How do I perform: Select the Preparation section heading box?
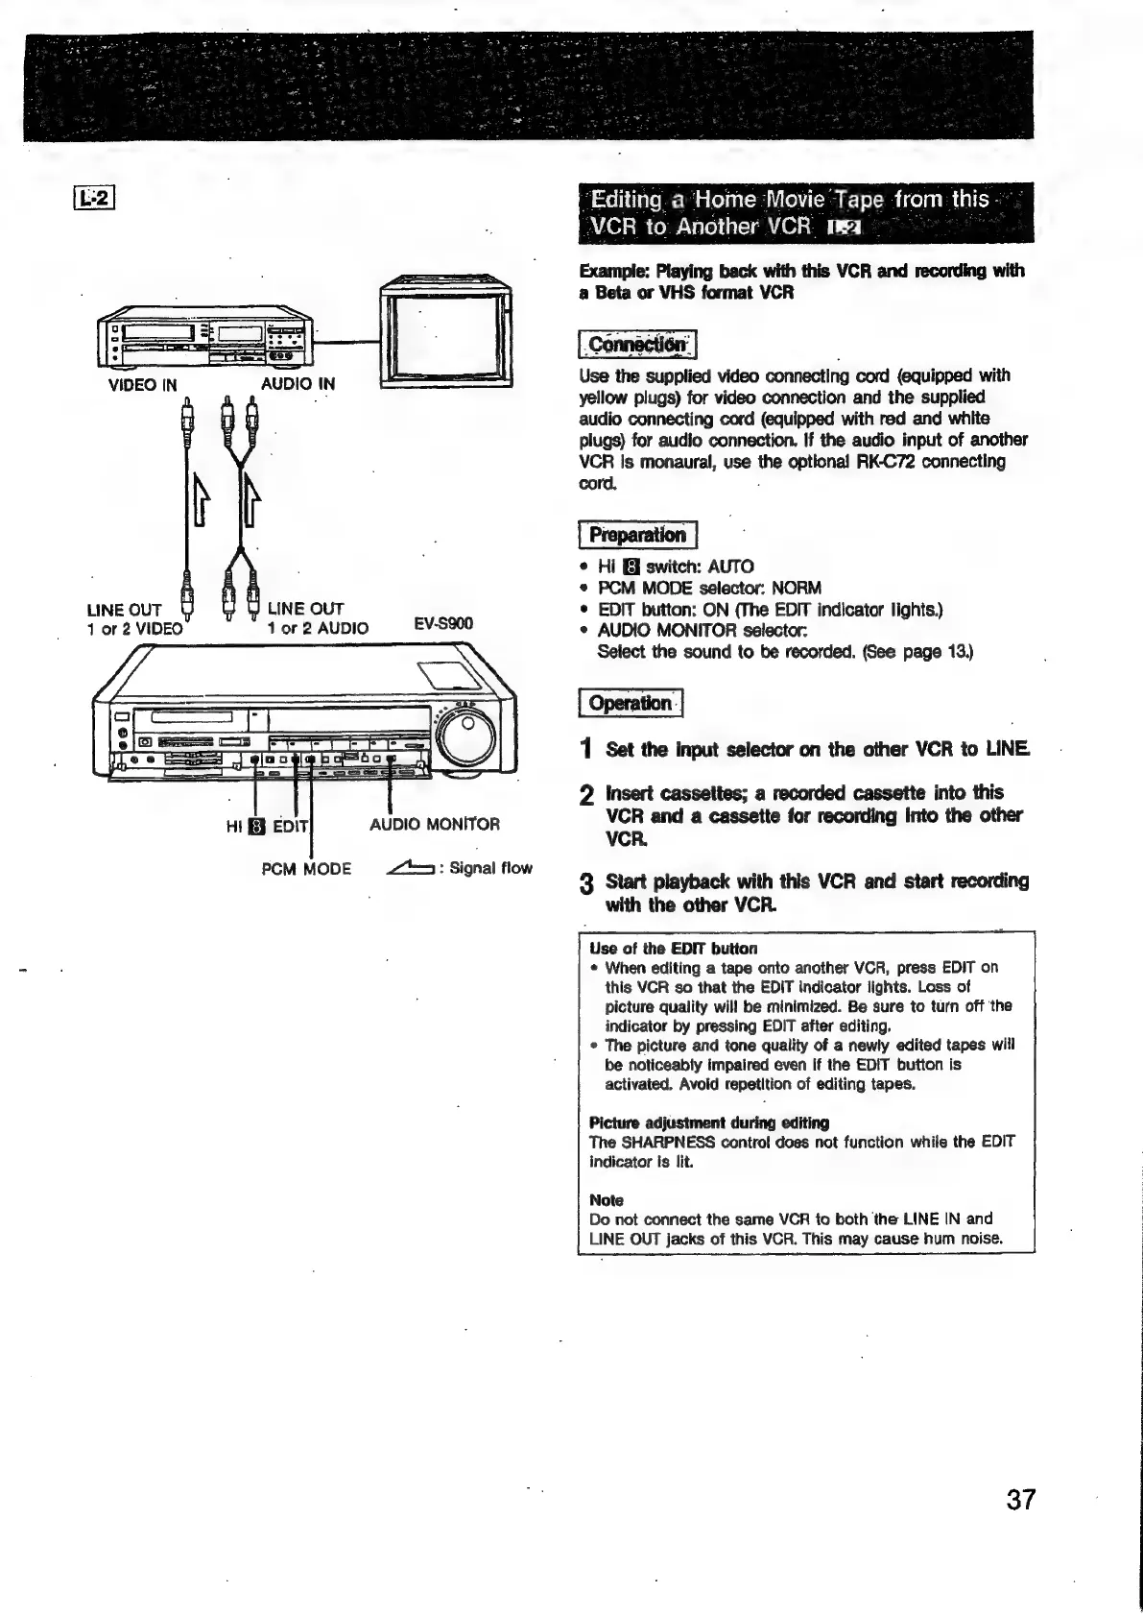point(637,535)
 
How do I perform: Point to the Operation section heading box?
point(630,703)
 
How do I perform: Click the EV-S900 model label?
point(443,623)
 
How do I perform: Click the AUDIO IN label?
point(298,384)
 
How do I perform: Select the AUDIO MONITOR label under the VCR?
point(435,824)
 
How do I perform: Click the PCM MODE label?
point(306,869)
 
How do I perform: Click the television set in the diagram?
point(445,330)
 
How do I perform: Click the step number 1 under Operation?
point(586,750)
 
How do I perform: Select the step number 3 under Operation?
point(586,883)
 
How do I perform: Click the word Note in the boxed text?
point(606,1200)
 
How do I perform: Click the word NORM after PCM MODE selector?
point(796,588)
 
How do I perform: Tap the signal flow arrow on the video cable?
point(199,498)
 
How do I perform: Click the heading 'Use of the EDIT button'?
point(673,949)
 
